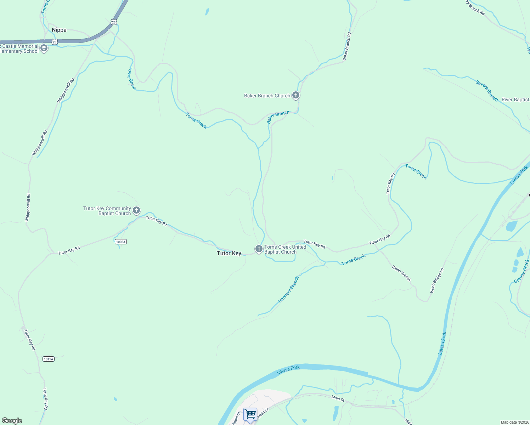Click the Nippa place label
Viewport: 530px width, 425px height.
[x=59, y=30]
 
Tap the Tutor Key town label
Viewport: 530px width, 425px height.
[x=229, y=253]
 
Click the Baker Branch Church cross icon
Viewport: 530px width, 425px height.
[x=296, y=95]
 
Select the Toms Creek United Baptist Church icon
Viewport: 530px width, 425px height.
[x=259, y=249]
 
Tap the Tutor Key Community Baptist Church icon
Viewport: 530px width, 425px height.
[x=136, y=210]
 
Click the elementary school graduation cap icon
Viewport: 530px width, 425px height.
[x=44, y=48]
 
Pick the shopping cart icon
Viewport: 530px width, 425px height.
[x=250, y=414]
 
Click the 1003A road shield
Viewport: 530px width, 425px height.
[x=121, y=242]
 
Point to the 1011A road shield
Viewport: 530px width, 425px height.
[x=48, y=359]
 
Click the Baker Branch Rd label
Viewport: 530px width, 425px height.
[x=347, y=46]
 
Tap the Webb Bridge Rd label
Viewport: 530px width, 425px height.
[x=437, y=280]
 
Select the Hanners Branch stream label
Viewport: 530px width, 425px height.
[x=288, y=290]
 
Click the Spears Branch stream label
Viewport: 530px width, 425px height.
[x=487, y=91]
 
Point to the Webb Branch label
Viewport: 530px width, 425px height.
[x=401, y=273]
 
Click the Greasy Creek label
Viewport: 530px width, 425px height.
[x=521, y=271]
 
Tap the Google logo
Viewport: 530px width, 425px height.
[x=12, y=421]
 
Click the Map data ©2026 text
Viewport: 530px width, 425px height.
[x=515, y=422]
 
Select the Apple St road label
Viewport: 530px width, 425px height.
[x=236, y=418]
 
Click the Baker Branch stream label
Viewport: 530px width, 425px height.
[x=278, y=117]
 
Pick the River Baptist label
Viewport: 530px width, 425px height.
[x=515, y=100]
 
